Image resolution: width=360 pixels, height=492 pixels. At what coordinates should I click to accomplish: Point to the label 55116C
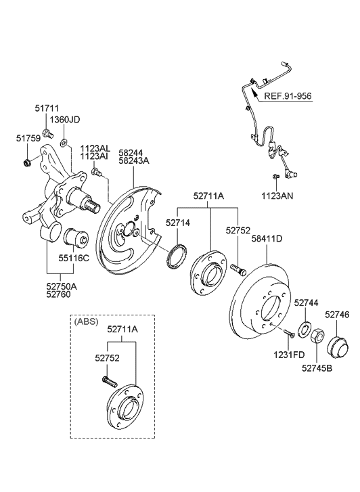tap(74, 258)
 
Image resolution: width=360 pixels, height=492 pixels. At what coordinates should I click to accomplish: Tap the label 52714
tap(179, 221)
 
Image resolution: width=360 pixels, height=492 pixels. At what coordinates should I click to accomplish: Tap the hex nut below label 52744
tap(315, 332)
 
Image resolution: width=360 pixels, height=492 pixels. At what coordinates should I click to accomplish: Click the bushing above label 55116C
tap(74, 239)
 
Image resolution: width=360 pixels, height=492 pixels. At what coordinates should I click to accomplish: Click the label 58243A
tap(134, 160)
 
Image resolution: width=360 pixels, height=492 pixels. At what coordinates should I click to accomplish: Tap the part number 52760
tap(60, 296)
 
